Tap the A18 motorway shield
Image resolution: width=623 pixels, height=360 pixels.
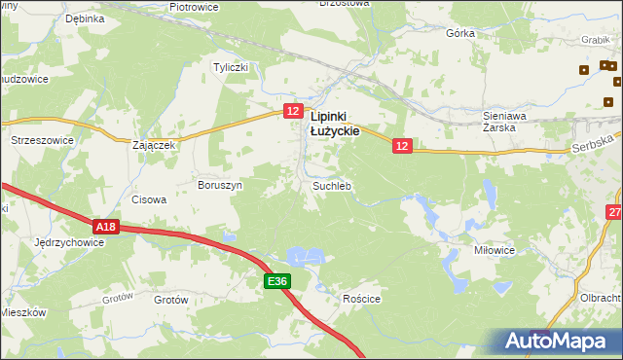click(x=107, y=227)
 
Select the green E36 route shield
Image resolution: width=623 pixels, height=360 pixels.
click(x=277, y=281)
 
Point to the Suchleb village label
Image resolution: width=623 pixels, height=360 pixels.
click(x=331, y=185)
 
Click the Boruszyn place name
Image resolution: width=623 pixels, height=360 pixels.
click(x=220, y=184)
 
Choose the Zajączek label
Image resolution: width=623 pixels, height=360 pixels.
click(x=153, y=145)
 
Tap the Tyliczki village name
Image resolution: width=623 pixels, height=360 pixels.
click(x=233, y=67)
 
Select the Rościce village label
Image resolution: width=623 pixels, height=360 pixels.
click(x=360, y=300)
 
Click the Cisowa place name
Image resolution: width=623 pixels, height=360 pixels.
click(x=149, y=199)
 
